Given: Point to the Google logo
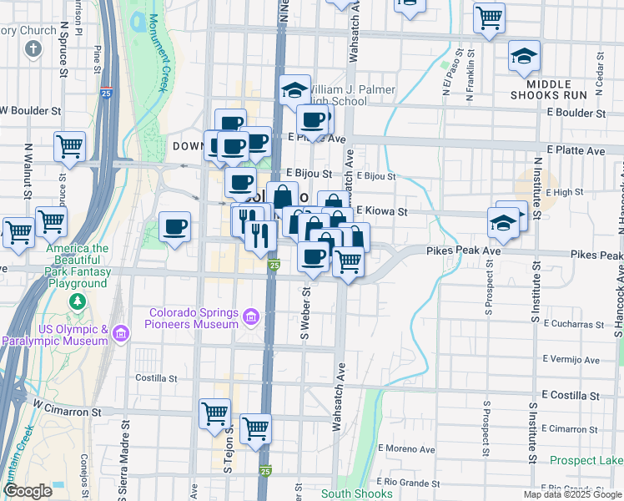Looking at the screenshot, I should pos(28,491).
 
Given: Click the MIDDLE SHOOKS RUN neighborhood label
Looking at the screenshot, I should pos(569,89).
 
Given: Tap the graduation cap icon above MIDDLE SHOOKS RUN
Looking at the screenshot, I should pos(524,56).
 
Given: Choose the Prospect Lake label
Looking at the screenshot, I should pos(587,460).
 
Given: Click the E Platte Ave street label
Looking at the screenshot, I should pos(576,151).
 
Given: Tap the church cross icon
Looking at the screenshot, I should pos(33,49).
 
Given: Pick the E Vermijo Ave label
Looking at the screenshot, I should pos(571,360).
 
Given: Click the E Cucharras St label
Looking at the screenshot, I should pos(572,322).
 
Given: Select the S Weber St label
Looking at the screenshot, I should pos(306,314).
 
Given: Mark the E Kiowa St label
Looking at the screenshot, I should pos(382,212).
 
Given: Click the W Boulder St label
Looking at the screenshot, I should pos(32,110).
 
